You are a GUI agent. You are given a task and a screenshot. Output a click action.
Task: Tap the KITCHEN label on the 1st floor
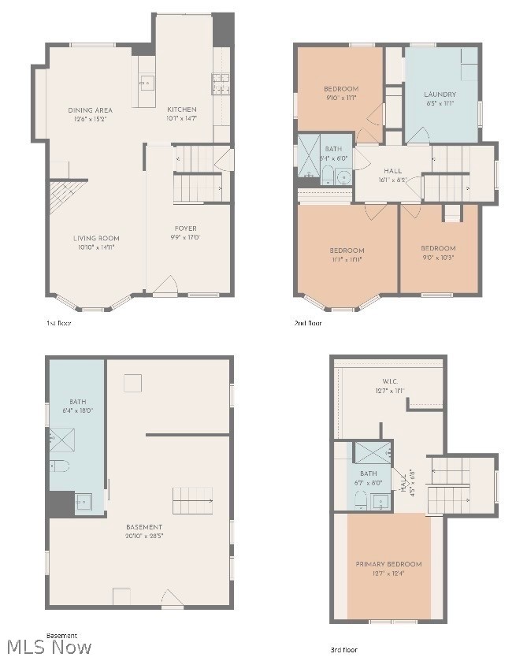click(x=181, y=110)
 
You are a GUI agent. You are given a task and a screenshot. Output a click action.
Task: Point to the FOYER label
click(x=185, y=228)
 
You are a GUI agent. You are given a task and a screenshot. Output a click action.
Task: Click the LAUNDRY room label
click(x=440, y=94)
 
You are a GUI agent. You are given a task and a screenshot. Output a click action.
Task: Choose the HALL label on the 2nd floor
click(x=392, y=171)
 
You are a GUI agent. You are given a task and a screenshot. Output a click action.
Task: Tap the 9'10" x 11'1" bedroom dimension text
click(x=340, y=98)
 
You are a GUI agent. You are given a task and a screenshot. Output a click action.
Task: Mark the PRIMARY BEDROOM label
click(x=388, y=563)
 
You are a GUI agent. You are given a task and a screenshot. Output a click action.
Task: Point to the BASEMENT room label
click(x=144, y=526)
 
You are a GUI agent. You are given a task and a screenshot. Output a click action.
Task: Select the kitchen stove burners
click(x=220, y=79)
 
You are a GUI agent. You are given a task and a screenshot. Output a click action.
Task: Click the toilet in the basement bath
click(x=61, y=466)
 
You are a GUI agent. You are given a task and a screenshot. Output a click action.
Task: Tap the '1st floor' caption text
click(x=58, y=323)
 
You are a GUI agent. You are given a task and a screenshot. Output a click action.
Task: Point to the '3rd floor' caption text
click(x=343, y=649)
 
